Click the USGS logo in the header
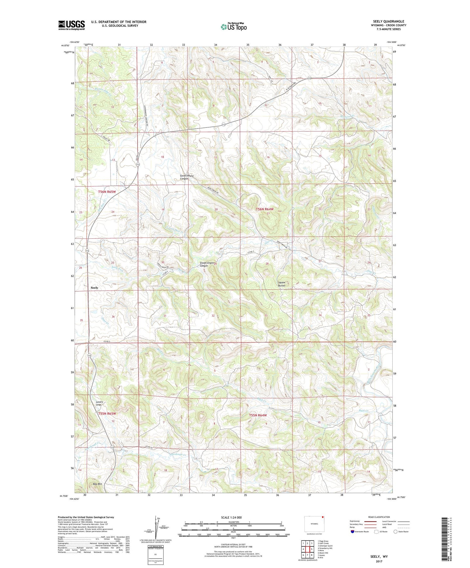(71, 25)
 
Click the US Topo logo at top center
(233, 27)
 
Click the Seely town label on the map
(94, 288)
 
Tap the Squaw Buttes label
(281, 284)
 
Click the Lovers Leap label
(99, 403)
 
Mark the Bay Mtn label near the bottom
(98, 484)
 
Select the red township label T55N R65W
(107, 414)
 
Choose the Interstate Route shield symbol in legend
(352, 532)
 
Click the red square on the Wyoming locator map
(322, 518)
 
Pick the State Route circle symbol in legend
(395, 532)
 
